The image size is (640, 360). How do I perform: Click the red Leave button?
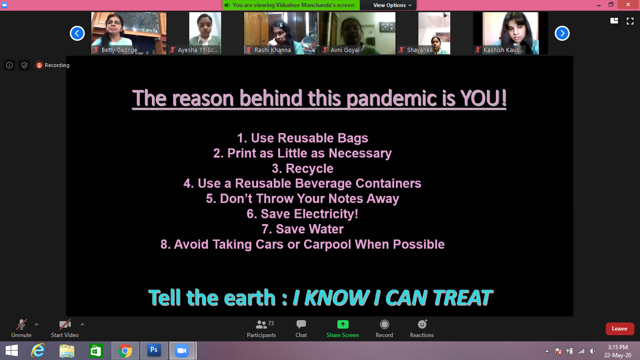620,329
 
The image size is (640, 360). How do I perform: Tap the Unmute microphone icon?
22,324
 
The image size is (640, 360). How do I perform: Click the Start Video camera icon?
65,324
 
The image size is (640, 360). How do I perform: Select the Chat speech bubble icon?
301,324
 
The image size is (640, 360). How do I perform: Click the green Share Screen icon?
342,324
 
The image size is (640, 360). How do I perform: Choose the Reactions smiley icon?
422,324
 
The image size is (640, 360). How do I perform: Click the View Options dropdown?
392,5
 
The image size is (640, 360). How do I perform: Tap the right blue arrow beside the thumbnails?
562,33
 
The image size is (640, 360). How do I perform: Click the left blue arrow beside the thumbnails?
77,33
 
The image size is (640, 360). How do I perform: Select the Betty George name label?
119,50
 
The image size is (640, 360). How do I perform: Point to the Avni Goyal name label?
344,50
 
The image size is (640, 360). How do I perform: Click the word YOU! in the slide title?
483,98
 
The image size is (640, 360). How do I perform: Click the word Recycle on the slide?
309,168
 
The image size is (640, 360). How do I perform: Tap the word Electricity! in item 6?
326,214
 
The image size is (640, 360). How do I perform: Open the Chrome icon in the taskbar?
125,351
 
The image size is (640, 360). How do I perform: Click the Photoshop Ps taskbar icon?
154,350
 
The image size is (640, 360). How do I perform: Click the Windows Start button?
11,351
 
